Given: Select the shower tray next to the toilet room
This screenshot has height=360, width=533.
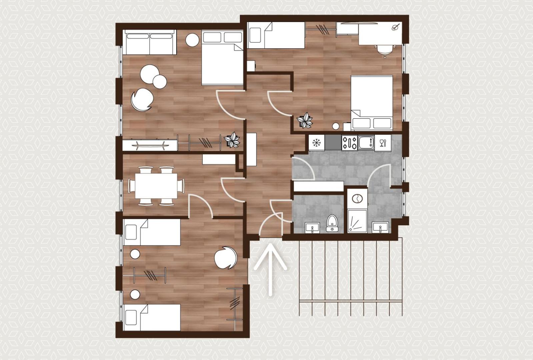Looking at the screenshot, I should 357,221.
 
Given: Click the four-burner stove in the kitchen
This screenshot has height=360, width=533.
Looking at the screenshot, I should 349,143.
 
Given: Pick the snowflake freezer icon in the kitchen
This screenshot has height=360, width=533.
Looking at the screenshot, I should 316,143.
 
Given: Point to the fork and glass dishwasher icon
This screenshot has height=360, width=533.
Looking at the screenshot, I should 383,143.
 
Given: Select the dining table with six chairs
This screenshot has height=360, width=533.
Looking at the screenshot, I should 156,186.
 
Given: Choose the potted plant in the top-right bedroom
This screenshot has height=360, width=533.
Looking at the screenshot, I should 305,120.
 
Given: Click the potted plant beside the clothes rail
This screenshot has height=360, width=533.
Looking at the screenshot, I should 232,140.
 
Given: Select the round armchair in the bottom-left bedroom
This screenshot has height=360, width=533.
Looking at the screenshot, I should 225,258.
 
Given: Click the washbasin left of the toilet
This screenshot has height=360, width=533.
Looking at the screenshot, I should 312,228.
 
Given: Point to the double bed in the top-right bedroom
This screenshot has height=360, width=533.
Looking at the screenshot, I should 372,102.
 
